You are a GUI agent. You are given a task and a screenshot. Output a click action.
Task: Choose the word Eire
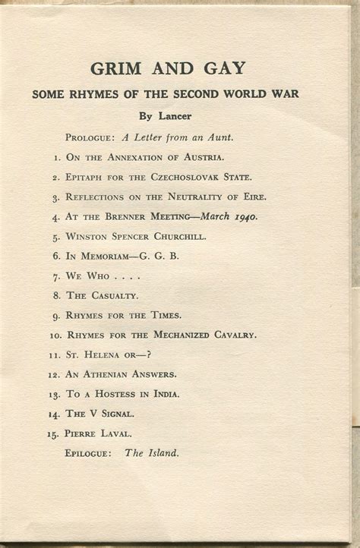253,197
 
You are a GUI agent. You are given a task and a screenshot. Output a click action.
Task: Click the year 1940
245,216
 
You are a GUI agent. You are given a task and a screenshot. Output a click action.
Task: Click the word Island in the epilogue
163,453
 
